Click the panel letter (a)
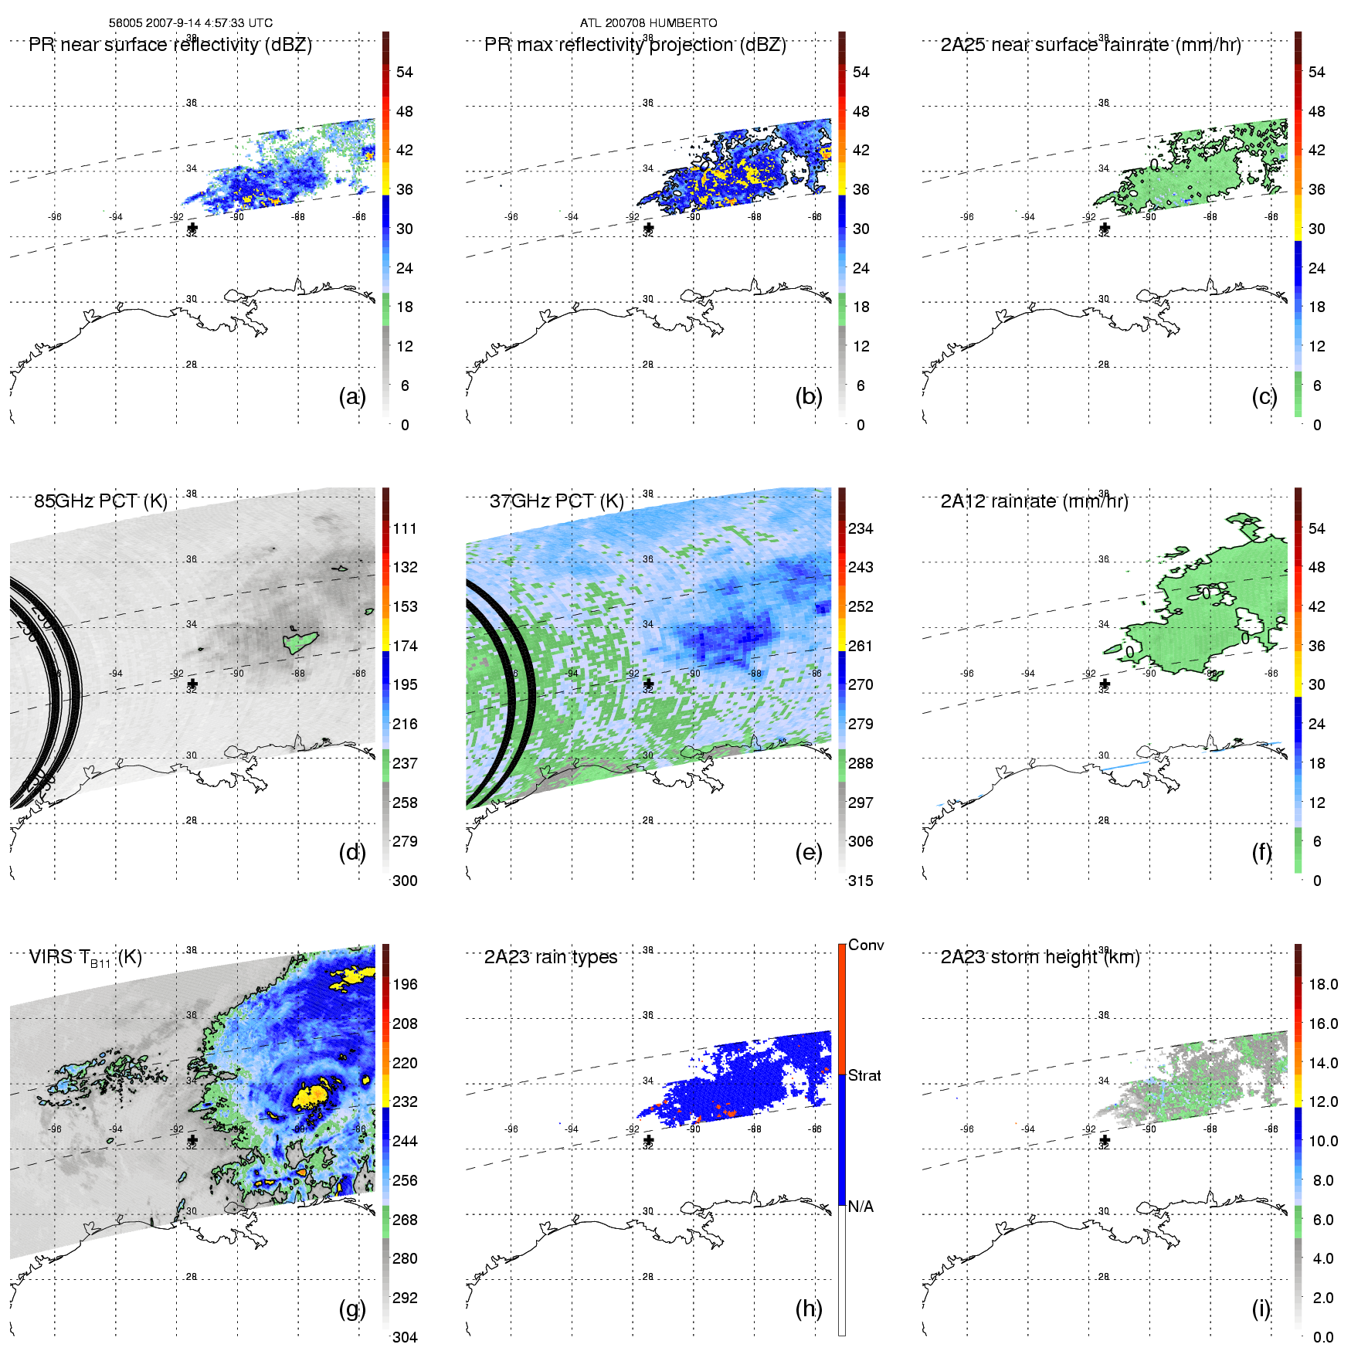click(351, 396)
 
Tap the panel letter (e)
click(808, 852)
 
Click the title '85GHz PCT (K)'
click(100, 501)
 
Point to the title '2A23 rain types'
click(551, 957)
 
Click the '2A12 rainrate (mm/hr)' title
click(1034, 501)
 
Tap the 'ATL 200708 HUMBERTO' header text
click(648, 23)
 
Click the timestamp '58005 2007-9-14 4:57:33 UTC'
click(191, 23)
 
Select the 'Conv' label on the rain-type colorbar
click(866, 945)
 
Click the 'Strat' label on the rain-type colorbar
click(864, 1075)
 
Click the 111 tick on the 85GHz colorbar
click(405, 528)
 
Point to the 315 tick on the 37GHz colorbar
click(861, 881)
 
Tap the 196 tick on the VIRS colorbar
click(405, 984)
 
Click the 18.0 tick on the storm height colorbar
click(1323, 984)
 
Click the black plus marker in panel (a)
click(192, 228)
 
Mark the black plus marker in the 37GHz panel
click(648, 684)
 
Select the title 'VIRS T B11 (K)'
click(85, 958)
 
